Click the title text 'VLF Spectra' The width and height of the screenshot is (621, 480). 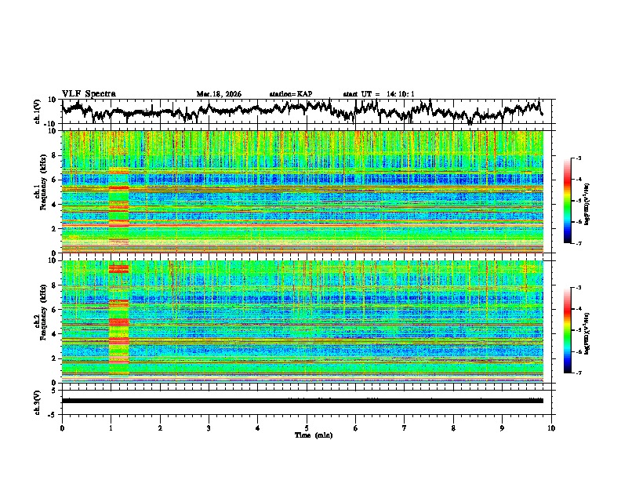(89, 93)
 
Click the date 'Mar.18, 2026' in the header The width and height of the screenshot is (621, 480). (219, 94)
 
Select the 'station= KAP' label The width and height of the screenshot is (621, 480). (291, 94)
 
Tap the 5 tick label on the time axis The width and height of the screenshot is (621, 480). (307, 427)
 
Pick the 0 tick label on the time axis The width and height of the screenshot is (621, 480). (62, 427)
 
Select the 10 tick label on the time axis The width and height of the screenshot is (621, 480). (551, 427)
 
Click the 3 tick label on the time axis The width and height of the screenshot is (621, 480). (209, 427)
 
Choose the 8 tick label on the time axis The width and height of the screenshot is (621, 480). (453, 427)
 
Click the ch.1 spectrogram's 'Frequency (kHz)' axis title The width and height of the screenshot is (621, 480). (41, 192)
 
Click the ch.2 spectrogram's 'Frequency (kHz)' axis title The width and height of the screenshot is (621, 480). (41, 322)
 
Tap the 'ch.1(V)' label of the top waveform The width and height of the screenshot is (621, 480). (38, 112)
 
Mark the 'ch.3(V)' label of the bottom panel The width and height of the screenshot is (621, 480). (38, 400)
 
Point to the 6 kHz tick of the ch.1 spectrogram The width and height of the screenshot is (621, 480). (54, 180)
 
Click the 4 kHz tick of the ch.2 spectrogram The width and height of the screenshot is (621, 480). (54, 333)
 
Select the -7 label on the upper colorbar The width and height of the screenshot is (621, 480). (578, 244)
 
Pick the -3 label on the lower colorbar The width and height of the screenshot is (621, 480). (578, 288)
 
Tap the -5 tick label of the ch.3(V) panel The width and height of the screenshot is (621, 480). (53, 413)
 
